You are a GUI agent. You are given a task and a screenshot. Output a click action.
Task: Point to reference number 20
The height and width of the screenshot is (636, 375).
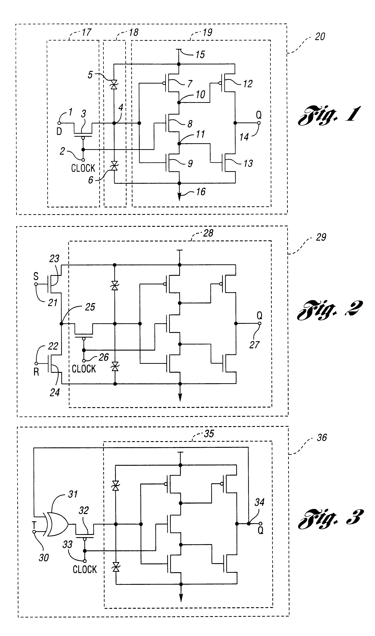point(320,37)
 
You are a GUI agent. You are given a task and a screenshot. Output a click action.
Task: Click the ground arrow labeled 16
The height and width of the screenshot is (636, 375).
point(179,196)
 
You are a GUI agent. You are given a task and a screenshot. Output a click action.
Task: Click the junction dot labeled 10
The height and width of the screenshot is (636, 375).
point(179,102)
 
